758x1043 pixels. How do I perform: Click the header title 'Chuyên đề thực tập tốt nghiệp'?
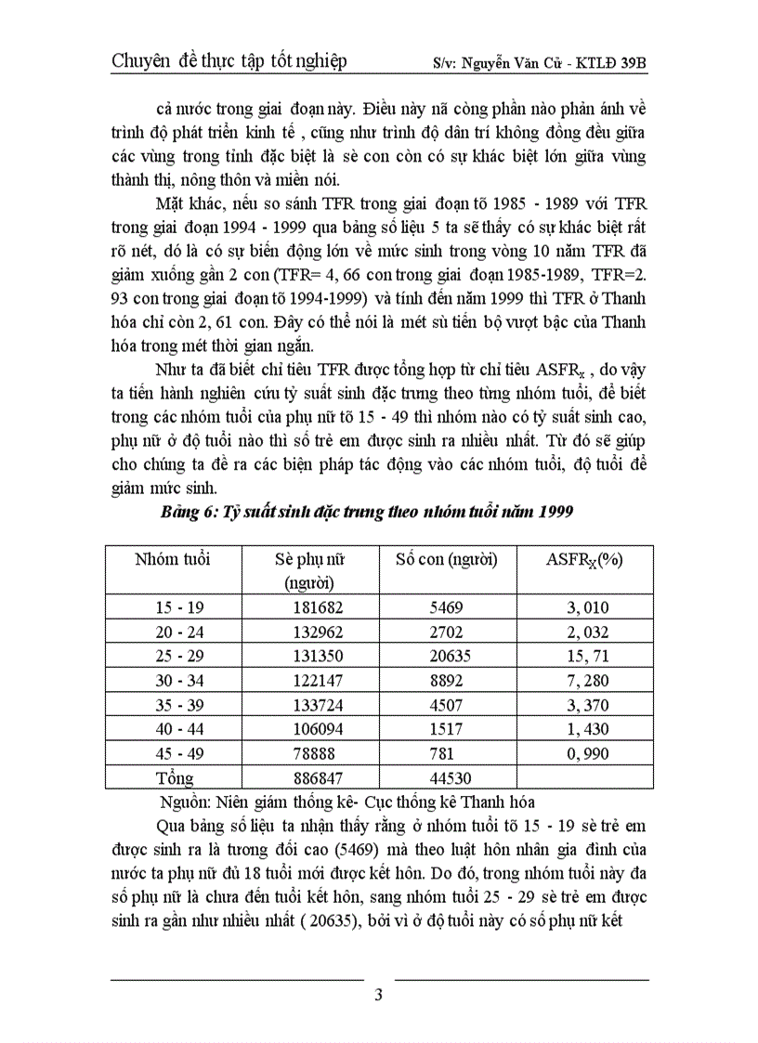point(229,61)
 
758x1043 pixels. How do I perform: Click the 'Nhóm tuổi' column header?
point(173,559)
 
